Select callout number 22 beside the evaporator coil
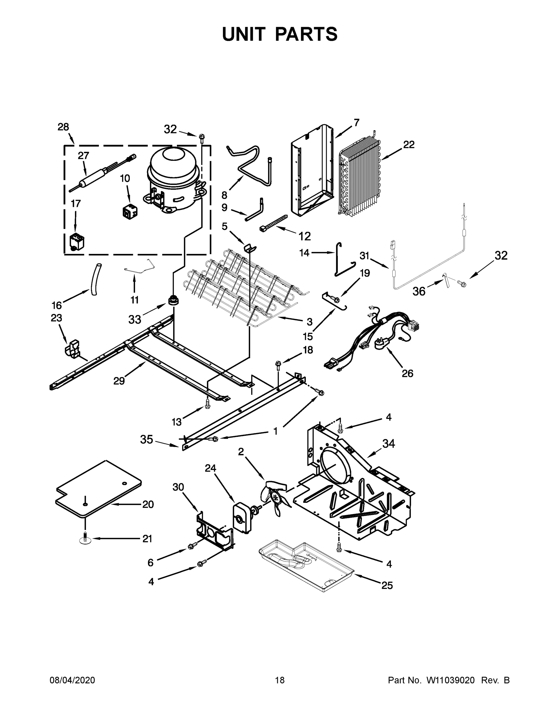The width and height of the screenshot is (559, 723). point(409,145)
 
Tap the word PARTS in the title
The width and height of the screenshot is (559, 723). point(306,34)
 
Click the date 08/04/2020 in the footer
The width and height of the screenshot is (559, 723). point(72,681)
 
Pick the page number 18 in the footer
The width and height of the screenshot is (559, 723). point(280,681)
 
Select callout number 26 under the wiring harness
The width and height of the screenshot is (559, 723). point(407,374)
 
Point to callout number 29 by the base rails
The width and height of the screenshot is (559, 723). point(119,381)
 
